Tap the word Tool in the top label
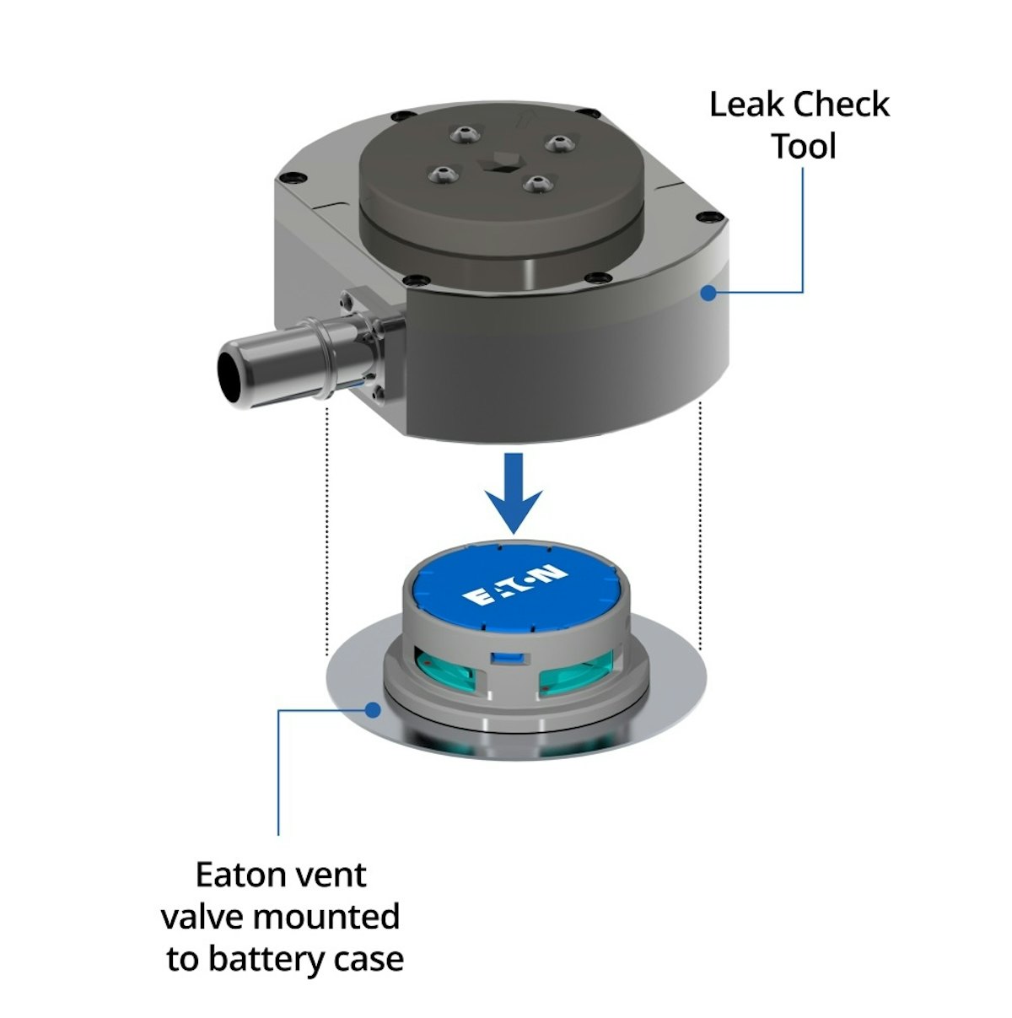[x=804, y=147]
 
